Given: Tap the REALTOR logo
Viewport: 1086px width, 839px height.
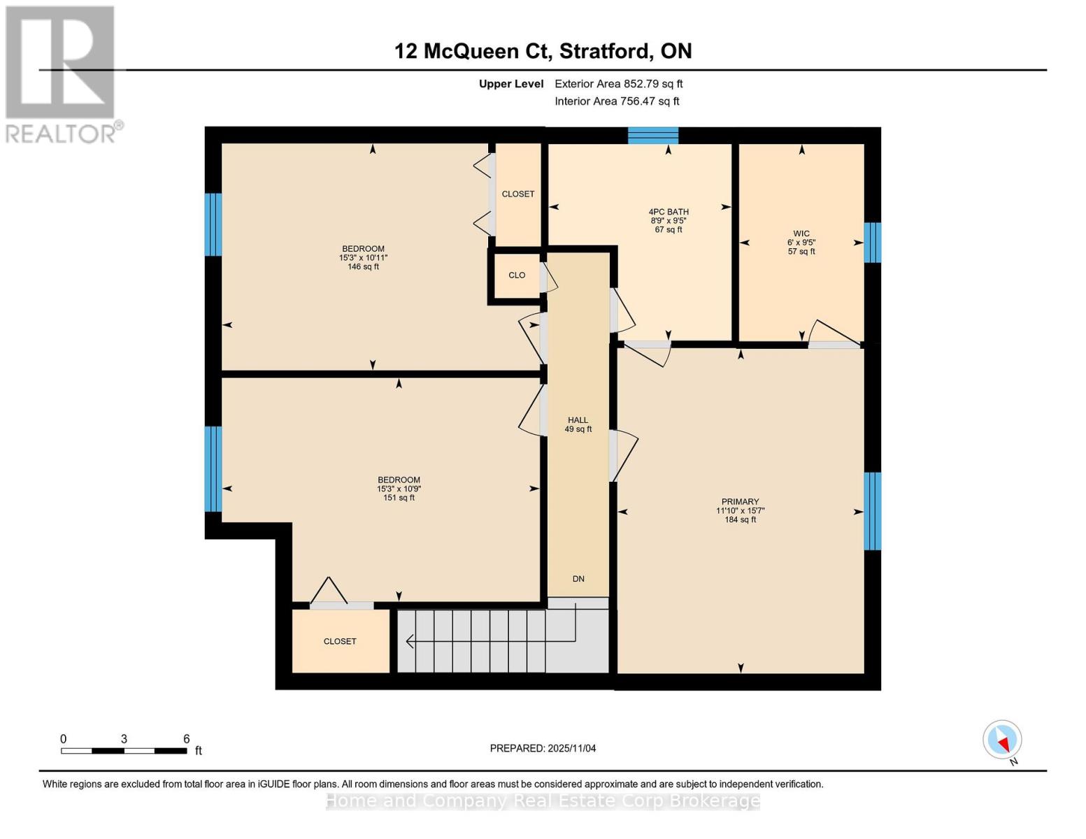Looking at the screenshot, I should tap(61, 73).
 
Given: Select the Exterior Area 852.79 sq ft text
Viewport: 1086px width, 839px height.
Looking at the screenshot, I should tap(618, 84).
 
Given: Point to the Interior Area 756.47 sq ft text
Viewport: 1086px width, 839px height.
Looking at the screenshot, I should tap(617, 101).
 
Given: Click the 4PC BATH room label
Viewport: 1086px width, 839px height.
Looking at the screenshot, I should tap(669, 212).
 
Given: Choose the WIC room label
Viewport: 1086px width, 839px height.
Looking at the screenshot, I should tap(801, 234).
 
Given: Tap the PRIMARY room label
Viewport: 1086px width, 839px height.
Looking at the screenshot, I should tap(740, 501).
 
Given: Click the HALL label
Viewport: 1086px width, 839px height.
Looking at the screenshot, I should tap(578, 420).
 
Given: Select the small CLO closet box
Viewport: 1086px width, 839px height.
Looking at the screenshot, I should tap(517, 275).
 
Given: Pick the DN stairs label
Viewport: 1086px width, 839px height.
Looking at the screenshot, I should tap(578, 579).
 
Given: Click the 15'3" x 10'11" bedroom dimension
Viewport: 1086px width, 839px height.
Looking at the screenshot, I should tap(363, 258).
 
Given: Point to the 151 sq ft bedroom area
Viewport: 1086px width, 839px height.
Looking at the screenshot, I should tap(399, 498).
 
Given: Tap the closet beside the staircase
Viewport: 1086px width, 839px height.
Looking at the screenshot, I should tap(341, 641).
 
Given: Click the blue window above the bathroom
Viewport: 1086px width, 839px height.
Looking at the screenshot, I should tap(653, 136).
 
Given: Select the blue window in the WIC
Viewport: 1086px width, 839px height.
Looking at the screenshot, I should tap(872, 243).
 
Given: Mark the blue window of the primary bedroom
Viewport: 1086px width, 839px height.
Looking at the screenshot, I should tap(872, 511).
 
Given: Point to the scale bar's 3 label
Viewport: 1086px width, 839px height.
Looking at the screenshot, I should tap(124, 739).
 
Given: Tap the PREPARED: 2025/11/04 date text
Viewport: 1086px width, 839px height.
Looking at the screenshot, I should tap(543, 748).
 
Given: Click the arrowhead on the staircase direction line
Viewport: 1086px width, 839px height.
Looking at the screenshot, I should tap(410, 641).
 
